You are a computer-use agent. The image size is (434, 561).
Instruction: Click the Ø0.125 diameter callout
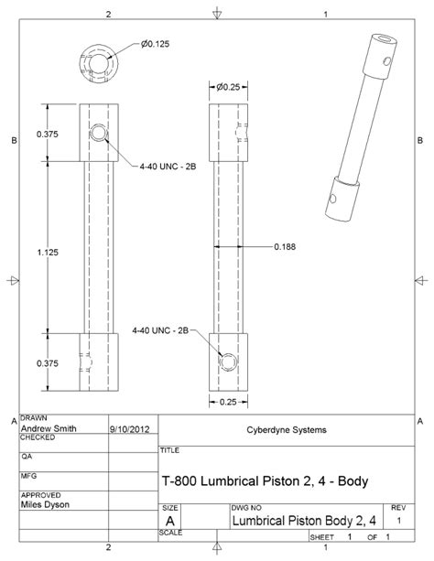coord(157,43)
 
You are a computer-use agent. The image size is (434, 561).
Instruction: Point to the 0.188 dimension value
coord(284,245)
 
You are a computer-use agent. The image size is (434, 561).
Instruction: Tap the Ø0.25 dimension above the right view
coord(229,87)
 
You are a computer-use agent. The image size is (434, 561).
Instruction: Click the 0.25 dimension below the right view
coord(229,401)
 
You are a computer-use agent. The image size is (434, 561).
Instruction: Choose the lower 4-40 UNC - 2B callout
coord(160,329)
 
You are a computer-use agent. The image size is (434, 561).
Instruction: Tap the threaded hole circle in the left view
coord(99,135)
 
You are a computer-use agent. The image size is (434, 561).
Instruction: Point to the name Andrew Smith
coord(49,427)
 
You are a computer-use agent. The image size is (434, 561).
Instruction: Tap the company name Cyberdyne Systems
coord(283,427)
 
